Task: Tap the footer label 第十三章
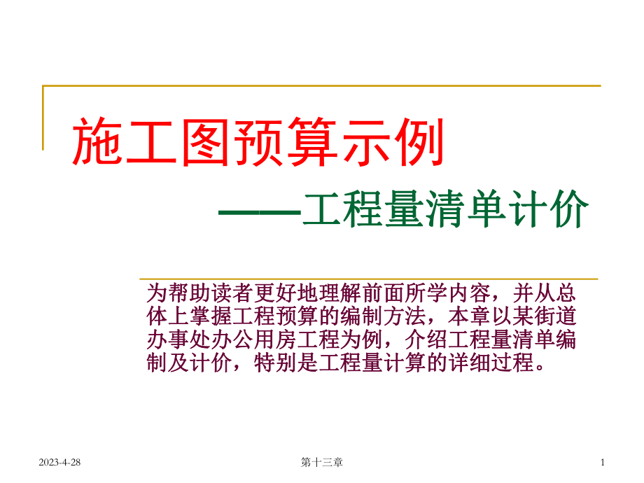321,463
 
